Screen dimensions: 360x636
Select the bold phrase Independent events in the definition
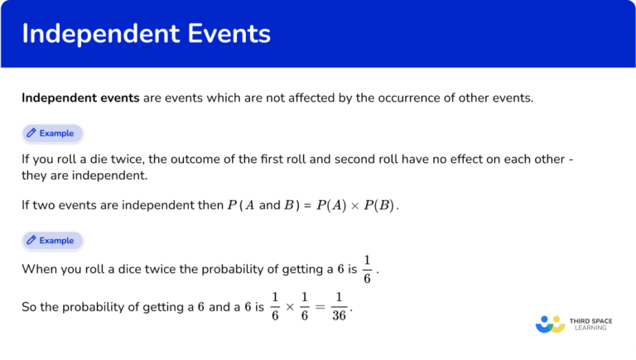[x=80, y=98]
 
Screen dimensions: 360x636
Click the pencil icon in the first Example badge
[x=31, y=132]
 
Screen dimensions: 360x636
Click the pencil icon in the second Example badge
[x=31, y=240]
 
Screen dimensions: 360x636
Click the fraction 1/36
[x=340, y=306]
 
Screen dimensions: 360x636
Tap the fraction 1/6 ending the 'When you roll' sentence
[x=368, y=269]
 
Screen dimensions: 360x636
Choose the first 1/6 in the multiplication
[x=276, y=306]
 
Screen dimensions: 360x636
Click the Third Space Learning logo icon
[x=550, y=323]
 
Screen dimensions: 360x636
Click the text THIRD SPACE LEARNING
[x=594, y=323]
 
